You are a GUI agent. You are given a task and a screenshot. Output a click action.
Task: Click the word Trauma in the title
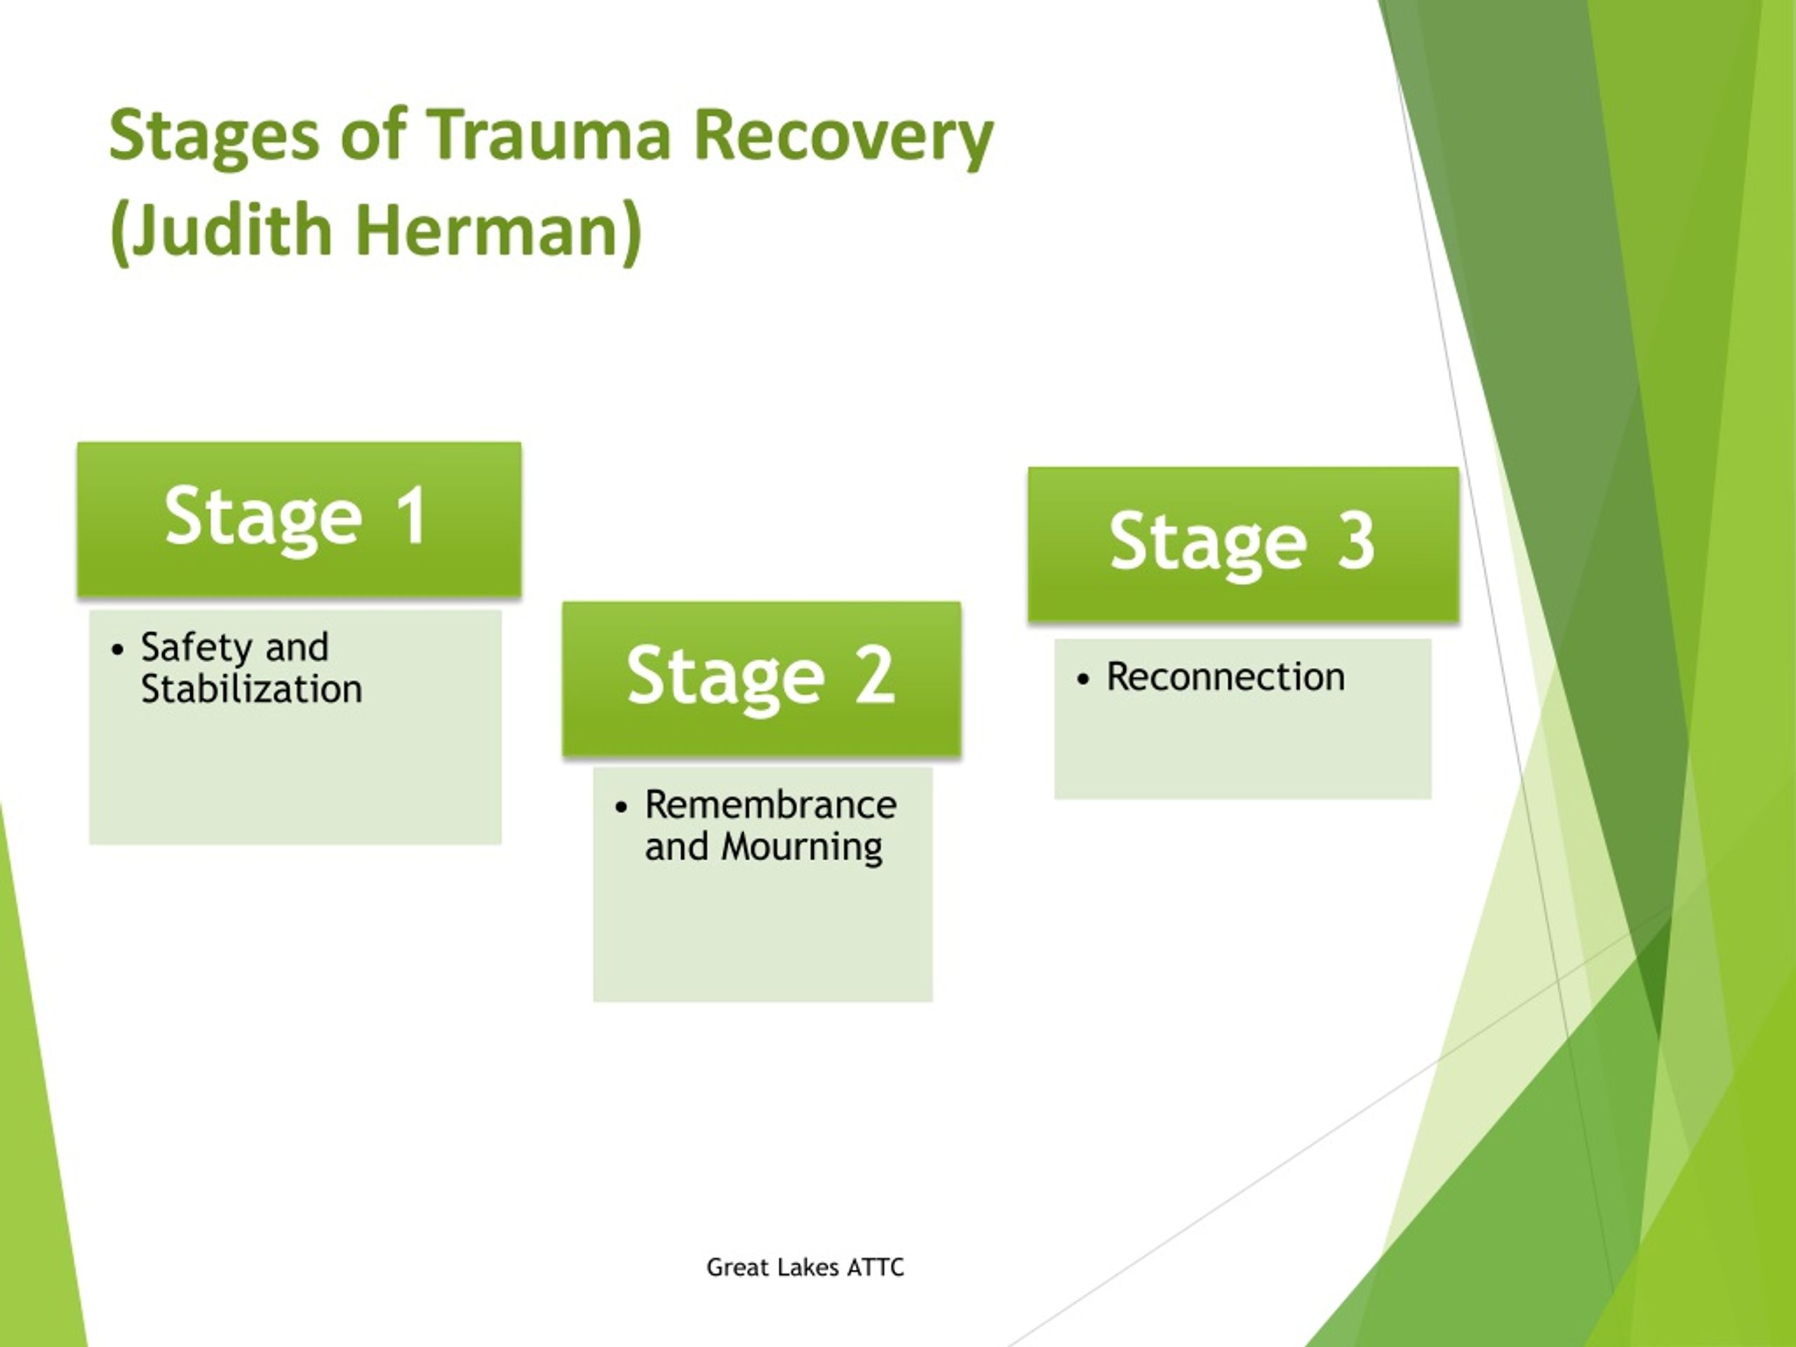[549, 134]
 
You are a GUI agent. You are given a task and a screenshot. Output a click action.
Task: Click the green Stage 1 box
[299, 520]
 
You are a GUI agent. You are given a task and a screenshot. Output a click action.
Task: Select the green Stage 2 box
[762, 679]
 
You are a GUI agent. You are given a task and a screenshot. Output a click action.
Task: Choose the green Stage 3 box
[1243, 544]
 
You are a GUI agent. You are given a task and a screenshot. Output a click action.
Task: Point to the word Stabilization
[252, 690]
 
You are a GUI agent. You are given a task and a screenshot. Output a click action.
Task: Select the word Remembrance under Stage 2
[770, 805]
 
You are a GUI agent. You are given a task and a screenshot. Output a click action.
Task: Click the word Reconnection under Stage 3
[1225, 677]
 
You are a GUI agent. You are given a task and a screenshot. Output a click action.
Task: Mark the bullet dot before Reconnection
[1083, 679]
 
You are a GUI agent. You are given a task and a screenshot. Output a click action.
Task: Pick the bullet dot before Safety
[119, 650]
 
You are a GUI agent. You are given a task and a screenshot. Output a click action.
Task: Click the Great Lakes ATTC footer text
[805, 1268]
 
